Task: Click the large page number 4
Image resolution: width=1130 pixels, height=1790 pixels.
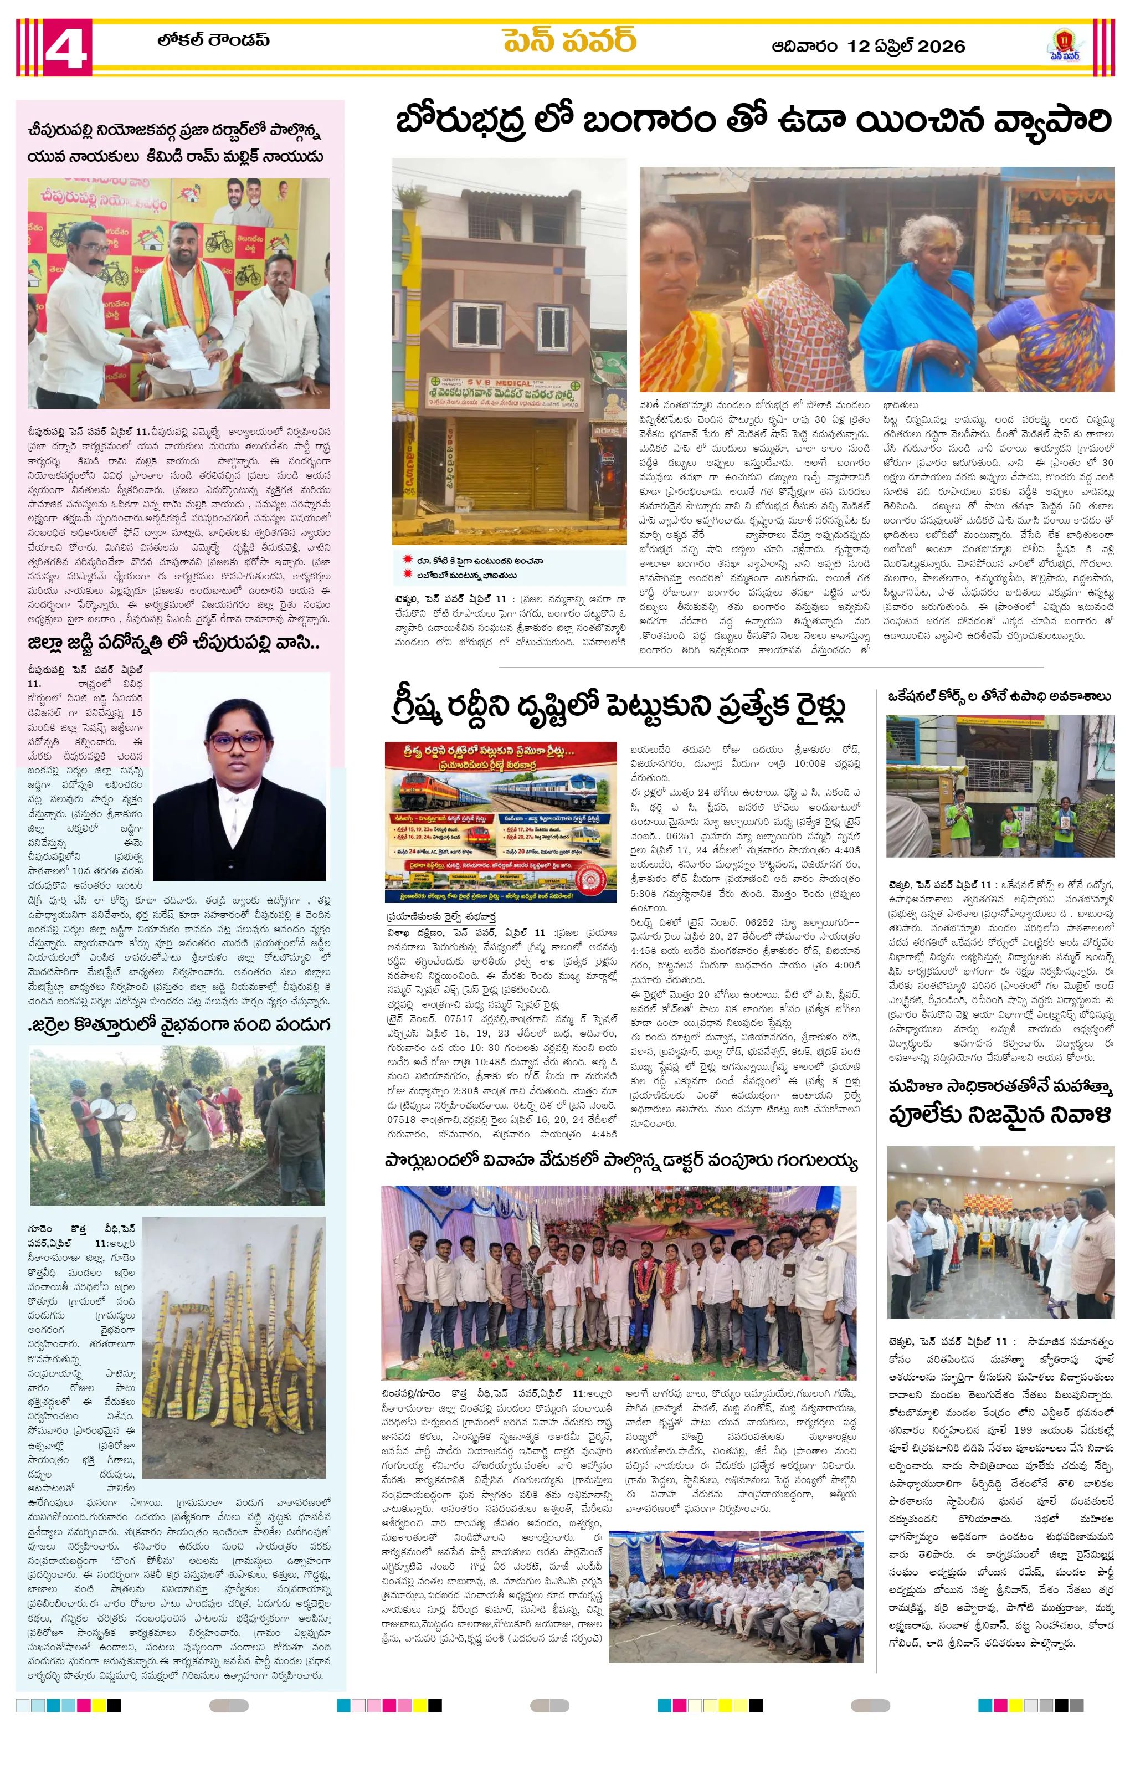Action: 65,48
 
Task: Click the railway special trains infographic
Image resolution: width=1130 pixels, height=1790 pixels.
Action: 500,822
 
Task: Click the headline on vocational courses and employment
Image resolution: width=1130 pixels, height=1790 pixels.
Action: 999,696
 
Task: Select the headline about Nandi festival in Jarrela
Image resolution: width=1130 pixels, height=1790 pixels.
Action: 178,1025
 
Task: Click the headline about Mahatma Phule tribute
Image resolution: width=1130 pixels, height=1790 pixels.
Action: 1000,1102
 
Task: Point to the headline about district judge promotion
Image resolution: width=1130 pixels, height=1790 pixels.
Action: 173,643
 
